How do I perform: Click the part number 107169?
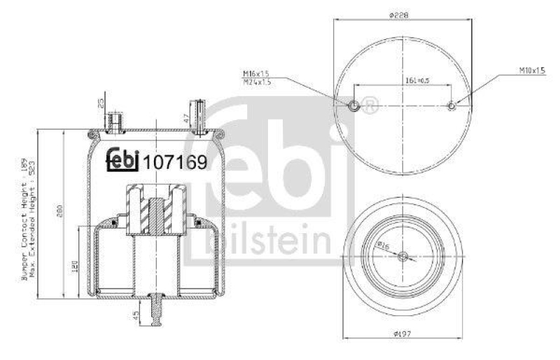(175, 162)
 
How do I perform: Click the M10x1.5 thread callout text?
(532, 70)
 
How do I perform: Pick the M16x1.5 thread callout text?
(256, 73)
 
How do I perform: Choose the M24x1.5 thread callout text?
(256, 81)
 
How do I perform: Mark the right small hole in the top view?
(451, 106)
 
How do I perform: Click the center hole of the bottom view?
(401, 257)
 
